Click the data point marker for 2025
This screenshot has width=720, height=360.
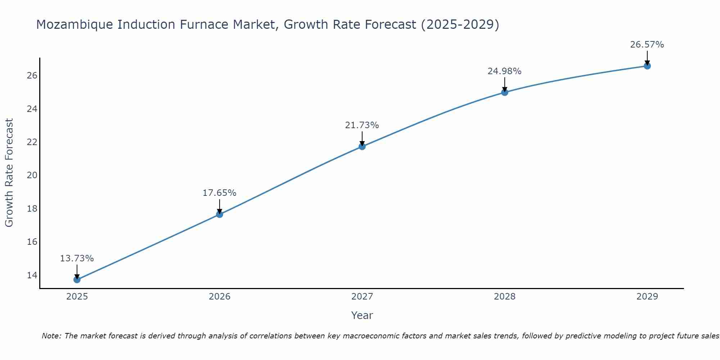(x=77, y=279)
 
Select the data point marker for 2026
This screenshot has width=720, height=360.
(x=220, y=214)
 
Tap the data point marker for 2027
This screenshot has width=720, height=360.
(x=362, y=146)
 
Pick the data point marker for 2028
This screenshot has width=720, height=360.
(x=505, y=92)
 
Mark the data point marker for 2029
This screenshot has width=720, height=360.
(x=647, y=66)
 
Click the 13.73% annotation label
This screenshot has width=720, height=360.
(x=77, y=258)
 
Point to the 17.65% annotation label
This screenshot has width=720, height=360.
(x=219, y=193)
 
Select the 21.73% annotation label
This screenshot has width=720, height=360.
(x=362, y=125)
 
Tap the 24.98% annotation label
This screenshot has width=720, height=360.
(x=504, y=71)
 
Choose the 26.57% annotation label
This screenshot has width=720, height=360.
(x=647, y=45)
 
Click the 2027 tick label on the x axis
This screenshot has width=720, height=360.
(x=362, y=297)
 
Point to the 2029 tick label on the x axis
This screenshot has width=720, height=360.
(x=647, y=297)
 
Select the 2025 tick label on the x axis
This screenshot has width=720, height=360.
(x=77, y=297)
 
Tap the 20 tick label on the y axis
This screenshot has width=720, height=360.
(x=32, y=175)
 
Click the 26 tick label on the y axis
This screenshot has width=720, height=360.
(x=32, y=76)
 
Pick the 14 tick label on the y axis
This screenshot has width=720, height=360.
(x=32, y=275)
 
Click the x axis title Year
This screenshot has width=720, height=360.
(x=362, y=315)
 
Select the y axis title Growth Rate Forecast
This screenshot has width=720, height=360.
(x=9, y=172)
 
